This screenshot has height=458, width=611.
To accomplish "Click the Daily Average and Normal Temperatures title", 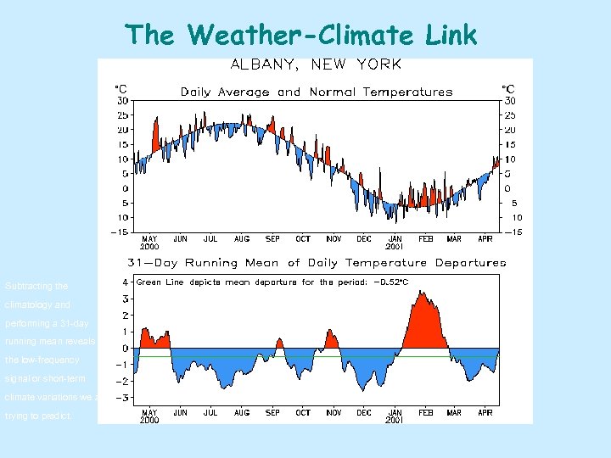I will (315, 92).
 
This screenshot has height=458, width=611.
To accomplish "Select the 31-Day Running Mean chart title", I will (316, 263).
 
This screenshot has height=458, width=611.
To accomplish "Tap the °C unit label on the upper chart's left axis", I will (121, 89).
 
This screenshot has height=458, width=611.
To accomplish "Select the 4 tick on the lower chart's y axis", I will (126, 282).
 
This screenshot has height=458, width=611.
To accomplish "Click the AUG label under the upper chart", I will (242, 239).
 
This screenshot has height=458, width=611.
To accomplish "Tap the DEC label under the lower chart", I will (364, 412).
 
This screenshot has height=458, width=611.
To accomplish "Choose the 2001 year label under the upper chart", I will (395, 247).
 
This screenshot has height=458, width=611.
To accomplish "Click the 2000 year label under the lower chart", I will (149, 420).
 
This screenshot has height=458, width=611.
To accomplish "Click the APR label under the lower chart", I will (485, 412).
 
